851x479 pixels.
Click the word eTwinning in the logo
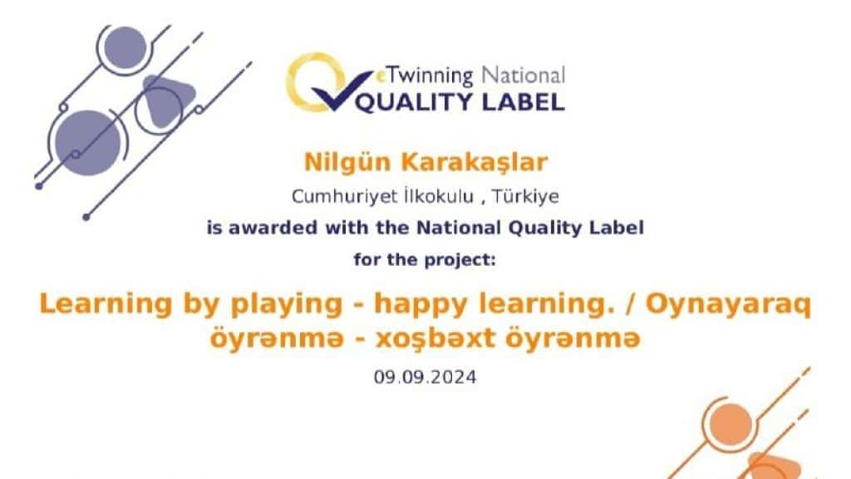click(x=425, y=76)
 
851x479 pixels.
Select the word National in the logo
click(x=524, y=76)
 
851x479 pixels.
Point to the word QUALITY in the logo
click(x=414, y=102)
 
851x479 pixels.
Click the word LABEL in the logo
click(x=524, y=102)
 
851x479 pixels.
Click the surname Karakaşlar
click(x=475, y=163)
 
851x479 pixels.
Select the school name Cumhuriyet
click(x=344, y=196)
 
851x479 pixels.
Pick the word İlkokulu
click(x=439, y=196)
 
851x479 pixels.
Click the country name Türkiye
click(x=525, y=196)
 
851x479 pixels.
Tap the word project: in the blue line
click(x=460, y=261)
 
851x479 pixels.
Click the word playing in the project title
click(x=287, y=305)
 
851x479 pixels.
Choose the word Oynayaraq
click(x=728, y=305)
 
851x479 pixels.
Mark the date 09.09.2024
click(x=425, y=377)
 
